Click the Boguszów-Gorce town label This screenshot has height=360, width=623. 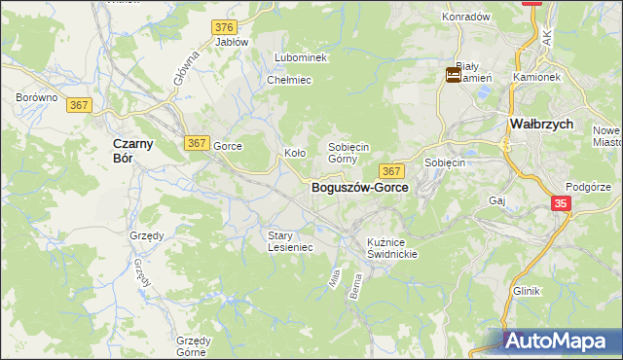click(359, 186)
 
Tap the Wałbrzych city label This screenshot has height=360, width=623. click(541, 125)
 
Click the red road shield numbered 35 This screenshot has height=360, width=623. click(562, 203)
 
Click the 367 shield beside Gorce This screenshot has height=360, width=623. click(196, 143)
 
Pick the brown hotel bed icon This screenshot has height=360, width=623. click(454, 75)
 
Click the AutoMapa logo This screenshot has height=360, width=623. click(563, 342)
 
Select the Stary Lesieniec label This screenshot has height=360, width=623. click(290, 240)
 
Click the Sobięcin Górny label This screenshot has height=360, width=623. click(348, 152)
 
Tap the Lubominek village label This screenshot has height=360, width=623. click(301, 58)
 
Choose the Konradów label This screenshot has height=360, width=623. click(465, 18)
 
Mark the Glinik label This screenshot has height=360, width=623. click(526, 291)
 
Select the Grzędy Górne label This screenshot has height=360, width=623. click(193, 346)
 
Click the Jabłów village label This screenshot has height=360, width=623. click(232, 42)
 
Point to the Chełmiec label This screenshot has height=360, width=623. click(288, 80)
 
